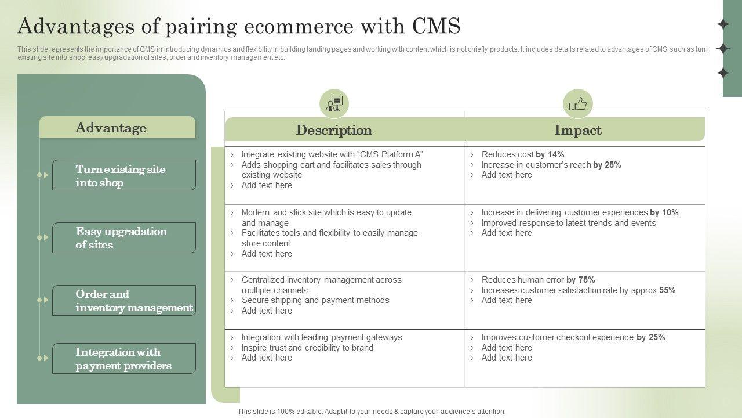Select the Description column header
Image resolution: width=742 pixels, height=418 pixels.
334,130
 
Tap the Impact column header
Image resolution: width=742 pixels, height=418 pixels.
578,130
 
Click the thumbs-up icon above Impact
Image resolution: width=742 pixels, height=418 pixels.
578,104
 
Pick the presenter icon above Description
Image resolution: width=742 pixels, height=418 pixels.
334,104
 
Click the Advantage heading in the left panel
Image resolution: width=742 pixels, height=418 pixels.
111,128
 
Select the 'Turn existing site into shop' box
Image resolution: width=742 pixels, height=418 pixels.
124,175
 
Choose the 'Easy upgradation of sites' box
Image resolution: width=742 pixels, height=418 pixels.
124,238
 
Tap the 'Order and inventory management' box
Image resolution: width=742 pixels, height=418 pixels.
124,301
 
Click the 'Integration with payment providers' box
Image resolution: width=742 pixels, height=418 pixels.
124,359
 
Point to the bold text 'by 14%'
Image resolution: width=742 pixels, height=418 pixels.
550,154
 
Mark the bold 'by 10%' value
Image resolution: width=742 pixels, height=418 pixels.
664,212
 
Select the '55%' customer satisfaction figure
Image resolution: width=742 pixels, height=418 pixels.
667,290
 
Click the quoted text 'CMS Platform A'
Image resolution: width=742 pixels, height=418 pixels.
391,154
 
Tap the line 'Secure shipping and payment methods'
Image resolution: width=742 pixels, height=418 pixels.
315,300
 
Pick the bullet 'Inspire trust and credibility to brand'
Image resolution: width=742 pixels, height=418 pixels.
307,348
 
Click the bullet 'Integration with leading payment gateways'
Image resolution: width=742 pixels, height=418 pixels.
322,337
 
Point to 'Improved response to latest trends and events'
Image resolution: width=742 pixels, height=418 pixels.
569,223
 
